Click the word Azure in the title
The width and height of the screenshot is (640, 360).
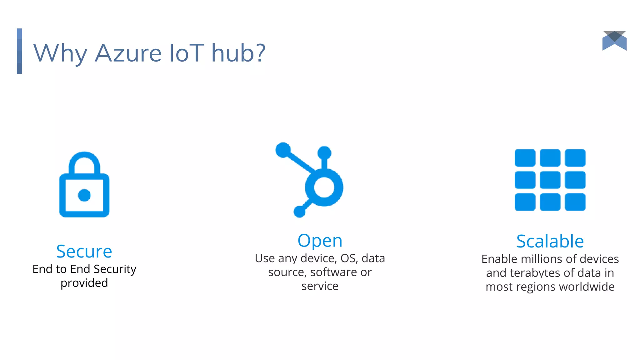[x=128, y=53]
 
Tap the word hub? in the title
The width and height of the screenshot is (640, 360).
[x=238, y=53]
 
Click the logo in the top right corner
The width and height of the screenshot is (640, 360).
[x=614, y=41]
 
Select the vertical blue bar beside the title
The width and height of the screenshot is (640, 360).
[x=19, y=51]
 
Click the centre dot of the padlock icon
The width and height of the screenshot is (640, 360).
[x=84, y=195]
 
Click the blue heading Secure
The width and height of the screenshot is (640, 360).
[x=84, y=251]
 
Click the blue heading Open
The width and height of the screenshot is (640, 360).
[x=320, y=241]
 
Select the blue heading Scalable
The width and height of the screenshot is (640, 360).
[x=550, y=241]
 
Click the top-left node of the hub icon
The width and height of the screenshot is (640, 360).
[x=283, y=150]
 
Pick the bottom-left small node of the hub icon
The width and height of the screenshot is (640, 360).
[x=299, y=212]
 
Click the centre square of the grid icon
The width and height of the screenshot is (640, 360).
[x=550, y=180]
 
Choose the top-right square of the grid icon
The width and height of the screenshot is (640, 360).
[x=575, y=158]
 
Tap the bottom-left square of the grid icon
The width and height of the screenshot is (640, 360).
[x=525, y=202]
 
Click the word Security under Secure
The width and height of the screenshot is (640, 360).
[x=115, y=269]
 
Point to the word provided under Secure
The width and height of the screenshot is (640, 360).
[x=84, y=283]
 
